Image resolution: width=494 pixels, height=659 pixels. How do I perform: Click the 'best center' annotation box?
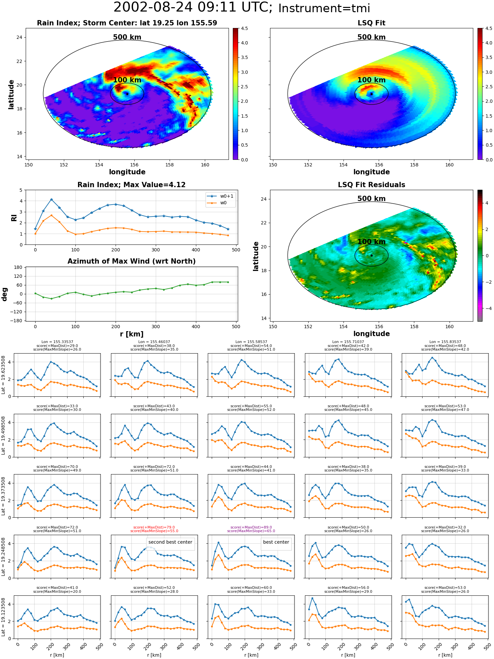[276, 542]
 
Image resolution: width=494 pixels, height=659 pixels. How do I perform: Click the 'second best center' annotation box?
[170, 542]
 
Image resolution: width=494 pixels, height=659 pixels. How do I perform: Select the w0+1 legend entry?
[221, 196]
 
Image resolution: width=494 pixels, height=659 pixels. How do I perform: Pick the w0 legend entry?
[217, 203]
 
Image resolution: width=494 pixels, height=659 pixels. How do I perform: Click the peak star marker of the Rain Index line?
[51, 199]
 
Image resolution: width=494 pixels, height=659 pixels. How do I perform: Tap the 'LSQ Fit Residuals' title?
[371, 185]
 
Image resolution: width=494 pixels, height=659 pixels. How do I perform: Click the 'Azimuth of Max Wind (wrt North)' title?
[131, 261]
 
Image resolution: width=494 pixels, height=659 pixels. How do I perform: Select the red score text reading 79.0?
[154, 527]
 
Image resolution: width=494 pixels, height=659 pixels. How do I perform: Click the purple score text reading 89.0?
[251, 527]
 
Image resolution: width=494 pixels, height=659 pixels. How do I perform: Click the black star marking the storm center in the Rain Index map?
[127, 94]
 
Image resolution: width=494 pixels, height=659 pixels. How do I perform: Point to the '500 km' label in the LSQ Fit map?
[371, 37]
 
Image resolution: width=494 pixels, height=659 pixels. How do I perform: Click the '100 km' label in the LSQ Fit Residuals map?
[371, 242]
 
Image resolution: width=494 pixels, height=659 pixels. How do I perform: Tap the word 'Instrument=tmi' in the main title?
[324, 8]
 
